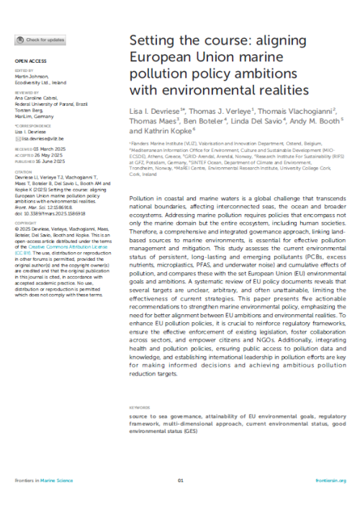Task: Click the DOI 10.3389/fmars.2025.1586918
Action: [x=50, y=194]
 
